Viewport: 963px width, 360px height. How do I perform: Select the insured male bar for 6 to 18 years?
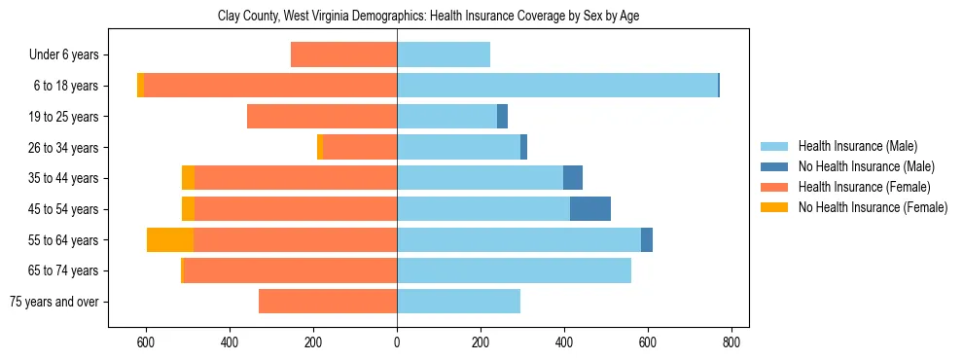tap(557, 86)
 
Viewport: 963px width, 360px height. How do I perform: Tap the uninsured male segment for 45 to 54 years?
tap(590, 209)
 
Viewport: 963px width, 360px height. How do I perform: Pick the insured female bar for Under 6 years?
tap(344, 55)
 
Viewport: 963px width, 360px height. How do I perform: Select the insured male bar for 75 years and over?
tap(458, 302)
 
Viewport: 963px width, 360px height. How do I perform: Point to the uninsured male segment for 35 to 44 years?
tap(573, 178)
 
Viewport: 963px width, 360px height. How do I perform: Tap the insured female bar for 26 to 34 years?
tap(360, 148)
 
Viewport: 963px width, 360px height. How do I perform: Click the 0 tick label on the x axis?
tap(397, 342)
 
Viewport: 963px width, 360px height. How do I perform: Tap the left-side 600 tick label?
tap(146, 342)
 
